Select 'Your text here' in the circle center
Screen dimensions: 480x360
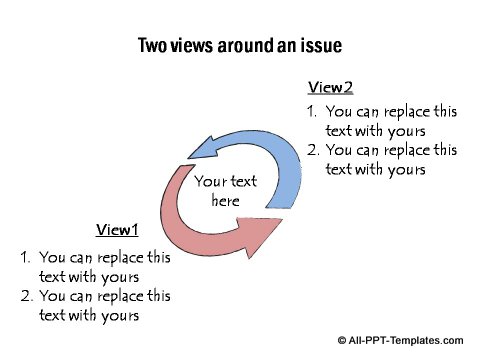pyautogui.click(x=225, y=191)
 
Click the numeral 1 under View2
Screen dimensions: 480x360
pyautogui.click(x=310, y=113)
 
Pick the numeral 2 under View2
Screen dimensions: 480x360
pyautogui.click(x=311, y=151)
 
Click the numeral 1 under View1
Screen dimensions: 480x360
pyautogui.click(x=24, y=258)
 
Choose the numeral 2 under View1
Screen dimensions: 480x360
pyautogui.click(x=25, y=296)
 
